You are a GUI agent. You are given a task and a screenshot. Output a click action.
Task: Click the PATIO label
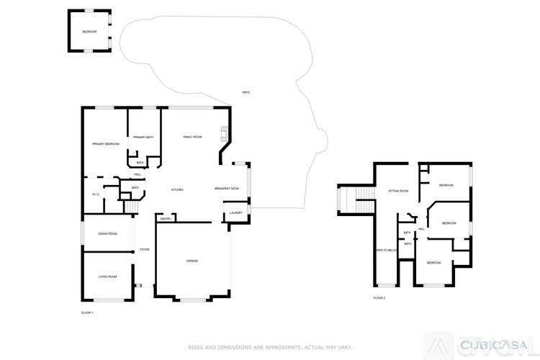(246, 93)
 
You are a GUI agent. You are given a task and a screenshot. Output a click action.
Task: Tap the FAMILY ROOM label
(192, 137)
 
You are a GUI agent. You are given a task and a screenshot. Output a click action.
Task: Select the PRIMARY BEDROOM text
(106, 144)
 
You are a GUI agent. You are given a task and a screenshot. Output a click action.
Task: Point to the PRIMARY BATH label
(143, 137)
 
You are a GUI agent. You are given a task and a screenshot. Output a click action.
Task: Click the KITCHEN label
(177, 189)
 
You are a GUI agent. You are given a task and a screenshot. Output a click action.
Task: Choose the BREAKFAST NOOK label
(227, 189)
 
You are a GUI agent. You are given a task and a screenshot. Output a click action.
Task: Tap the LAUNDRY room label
(236, 213)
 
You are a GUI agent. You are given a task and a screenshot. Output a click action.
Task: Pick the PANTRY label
(165, 219)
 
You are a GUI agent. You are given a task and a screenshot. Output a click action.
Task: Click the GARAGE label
(192, 261)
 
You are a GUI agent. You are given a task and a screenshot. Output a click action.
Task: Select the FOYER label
(145, 249)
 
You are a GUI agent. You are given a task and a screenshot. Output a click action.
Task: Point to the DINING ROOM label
(107, 233)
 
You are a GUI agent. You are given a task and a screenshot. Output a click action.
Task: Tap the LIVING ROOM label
(107, 276)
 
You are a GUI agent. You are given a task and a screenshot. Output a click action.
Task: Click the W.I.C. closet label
(95, 194)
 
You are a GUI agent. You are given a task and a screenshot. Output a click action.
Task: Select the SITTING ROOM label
(398, 191)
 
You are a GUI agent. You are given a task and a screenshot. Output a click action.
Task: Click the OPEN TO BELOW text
(386, 250)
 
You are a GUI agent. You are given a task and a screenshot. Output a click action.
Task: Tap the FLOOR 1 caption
(87, 312)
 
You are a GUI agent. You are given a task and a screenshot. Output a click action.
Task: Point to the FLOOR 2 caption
(379, 297)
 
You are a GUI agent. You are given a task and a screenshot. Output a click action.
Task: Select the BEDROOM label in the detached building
(89, 32)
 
